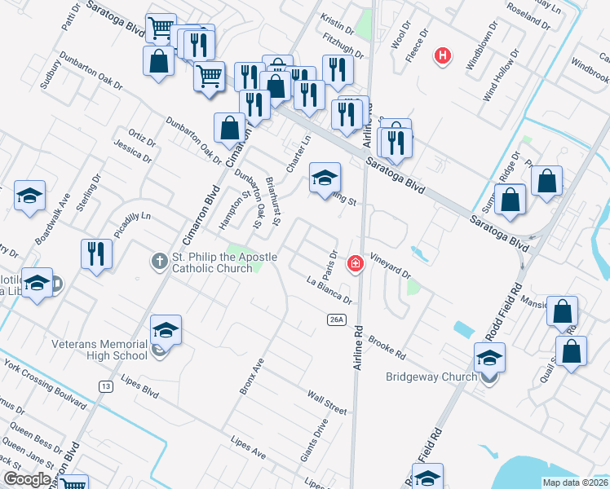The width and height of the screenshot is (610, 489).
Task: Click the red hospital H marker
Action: pos(443,55)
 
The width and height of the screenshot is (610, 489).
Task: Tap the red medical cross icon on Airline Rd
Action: pos(356,263)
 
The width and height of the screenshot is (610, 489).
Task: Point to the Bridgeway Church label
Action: pos(431,377)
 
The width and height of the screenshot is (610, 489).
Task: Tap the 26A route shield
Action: pos(338,320)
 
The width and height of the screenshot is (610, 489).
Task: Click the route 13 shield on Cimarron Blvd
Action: pos(105,386)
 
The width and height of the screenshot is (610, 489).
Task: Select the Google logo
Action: pos(27,479)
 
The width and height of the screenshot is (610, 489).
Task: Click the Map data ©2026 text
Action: pos(575,482)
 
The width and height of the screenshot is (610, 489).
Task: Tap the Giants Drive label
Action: pos(313,440)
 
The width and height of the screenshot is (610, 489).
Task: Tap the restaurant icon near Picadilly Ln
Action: pos(96,253)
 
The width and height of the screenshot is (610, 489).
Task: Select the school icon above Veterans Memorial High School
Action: pos(166,329)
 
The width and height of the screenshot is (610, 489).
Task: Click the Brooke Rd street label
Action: pos(387,348)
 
